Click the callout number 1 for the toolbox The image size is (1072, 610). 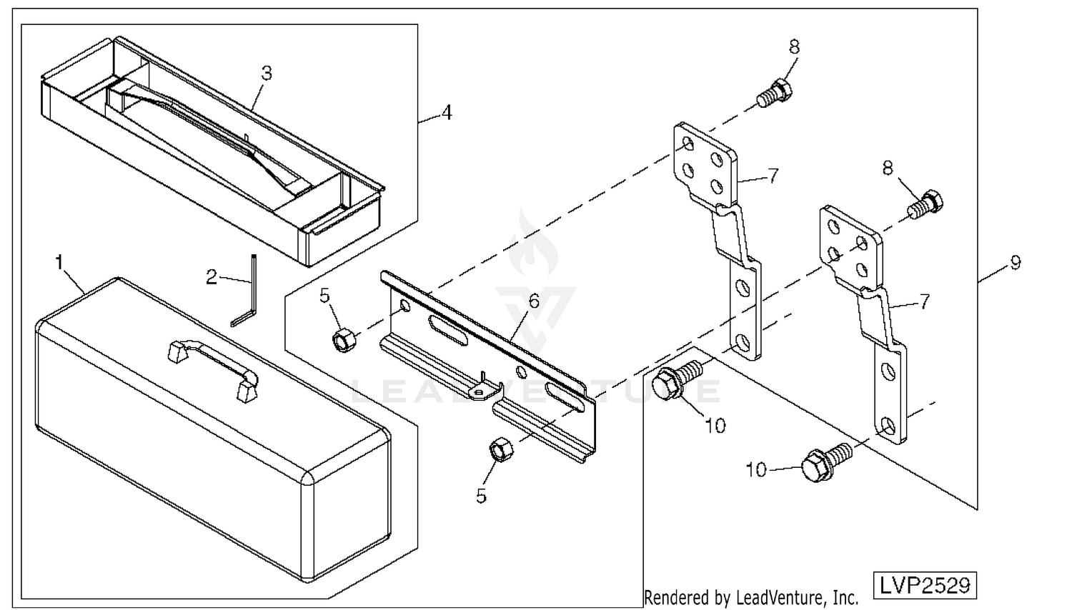coord(59,262)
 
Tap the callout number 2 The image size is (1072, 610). coord(211,277)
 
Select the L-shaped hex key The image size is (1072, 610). coord(245,291)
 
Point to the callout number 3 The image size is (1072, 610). coord(267,73)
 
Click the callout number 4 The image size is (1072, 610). coord(447,113)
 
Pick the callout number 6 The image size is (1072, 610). coord(534,301)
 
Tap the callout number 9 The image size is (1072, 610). coord(1015,263)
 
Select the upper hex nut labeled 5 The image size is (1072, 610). coord(343,340)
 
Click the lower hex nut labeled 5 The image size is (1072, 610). coord(501,449)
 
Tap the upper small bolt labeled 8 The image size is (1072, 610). coord(774,94)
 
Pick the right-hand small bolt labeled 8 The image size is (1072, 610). coord(925,205)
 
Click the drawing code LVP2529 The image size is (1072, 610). coord(925,586)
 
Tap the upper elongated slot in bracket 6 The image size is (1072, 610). coord(448,331)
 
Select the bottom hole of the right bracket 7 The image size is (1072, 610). coord(888,425)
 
